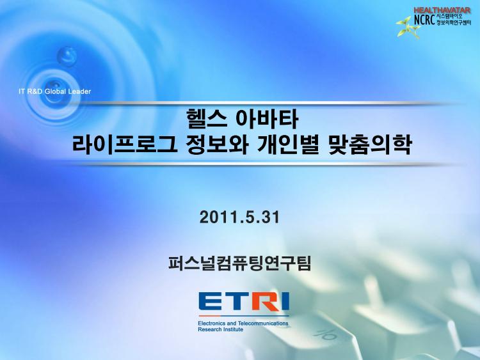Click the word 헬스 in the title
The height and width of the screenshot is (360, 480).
[x=206, y=120]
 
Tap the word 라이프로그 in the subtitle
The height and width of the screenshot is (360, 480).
[x=125, y=145]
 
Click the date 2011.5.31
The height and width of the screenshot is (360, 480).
[x=240, y=217]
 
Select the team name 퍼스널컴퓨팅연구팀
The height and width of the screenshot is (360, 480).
[x=240, y=263]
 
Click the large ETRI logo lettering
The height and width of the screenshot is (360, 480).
[x=244, y=302]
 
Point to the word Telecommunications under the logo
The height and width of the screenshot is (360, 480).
[x=263, y=323]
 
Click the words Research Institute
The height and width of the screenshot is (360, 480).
[x=220, y=329]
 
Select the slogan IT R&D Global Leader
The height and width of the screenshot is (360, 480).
[x=55, y=91]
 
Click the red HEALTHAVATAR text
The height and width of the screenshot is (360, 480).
[x=442, y=10]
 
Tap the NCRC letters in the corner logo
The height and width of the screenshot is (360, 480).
[x=424, y=20]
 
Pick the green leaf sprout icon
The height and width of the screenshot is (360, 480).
[x=408, y=27]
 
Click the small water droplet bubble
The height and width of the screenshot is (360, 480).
[x=67, y=56]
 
